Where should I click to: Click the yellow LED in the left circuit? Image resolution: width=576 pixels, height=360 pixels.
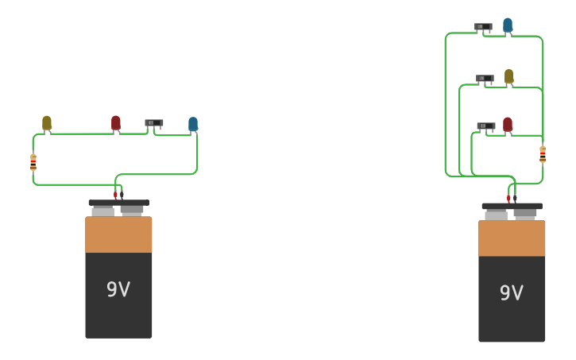(x=47, y=122)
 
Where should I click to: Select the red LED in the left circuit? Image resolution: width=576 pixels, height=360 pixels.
(x=116, y=122)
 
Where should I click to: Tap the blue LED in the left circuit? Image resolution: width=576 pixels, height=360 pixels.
(x=193, y=124)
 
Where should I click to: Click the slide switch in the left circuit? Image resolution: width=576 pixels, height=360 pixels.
(x=153, y=123)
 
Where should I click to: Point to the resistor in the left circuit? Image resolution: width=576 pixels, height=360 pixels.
(x=33, y=162)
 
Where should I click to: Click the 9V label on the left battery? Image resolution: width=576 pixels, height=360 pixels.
(x=118, y=289)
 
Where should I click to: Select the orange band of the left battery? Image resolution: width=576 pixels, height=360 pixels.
(x=118, y=234)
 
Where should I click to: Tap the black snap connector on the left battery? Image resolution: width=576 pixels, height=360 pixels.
(x=118, y=203)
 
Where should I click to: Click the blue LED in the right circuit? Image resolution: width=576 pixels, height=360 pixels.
(x=508, y=25)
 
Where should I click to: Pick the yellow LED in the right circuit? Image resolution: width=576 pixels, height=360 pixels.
(x=509, y=76)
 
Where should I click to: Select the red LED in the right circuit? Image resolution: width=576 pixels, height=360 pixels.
(x=508, y=124)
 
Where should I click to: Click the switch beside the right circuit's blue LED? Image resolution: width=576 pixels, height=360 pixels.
(x=483, y=27)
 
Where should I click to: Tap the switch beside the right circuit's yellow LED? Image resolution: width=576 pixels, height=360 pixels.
(x=485, y=79)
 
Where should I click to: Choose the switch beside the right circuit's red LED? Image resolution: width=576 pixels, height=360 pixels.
(x=485, y=126)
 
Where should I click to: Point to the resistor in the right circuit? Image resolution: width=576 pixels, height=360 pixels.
(x=543, y=154)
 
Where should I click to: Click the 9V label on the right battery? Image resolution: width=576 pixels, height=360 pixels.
(x=512, y=292)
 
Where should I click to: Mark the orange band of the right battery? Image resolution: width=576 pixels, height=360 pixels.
(x=512, y=238)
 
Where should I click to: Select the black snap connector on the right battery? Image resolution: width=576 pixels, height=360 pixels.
(x=512, y=206)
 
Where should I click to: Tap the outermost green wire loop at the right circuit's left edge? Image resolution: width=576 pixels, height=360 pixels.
(x=445, y=103)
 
